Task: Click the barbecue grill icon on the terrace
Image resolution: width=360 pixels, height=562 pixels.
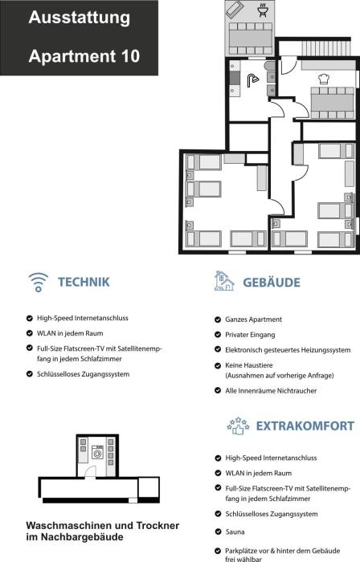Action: click(x=263, y=10)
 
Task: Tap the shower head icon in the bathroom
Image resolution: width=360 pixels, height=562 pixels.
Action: click(x=252, y=80)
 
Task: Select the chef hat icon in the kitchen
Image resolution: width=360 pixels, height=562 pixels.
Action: click(x=324, y=79)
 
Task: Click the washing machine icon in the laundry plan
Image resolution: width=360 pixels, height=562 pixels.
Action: click(x=97, y=452)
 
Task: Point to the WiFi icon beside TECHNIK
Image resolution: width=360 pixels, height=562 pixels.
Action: click(x=39, y=282)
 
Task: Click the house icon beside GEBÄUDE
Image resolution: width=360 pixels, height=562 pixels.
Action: click(x=224, y=281)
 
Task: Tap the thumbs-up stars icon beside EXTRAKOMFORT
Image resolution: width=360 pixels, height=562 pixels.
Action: click(x=238, y=426)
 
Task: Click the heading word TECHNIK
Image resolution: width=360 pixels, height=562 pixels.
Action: click(x=84, y=282)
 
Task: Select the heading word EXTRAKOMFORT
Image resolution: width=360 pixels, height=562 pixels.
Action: click(x=305, y=426)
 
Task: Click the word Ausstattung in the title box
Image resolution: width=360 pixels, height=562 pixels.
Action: click(x=80, y=18)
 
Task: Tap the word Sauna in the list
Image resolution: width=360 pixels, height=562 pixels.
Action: click(x=235, y=531)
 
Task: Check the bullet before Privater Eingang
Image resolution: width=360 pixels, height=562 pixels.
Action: click(x=218, y=335)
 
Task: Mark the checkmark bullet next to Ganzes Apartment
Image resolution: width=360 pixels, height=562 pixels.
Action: click(x=218, y=320)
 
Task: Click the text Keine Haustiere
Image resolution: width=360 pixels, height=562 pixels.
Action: click(x=249, y=365)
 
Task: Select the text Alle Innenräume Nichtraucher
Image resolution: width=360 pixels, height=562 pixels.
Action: click(x=271, y=391)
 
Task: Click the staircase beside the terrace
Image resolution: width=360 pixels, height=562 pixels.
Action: click(x=325, y=48)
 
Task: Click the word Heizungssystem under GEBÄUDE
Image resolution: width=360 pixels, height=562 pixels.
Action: click(x=326, y=350)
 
